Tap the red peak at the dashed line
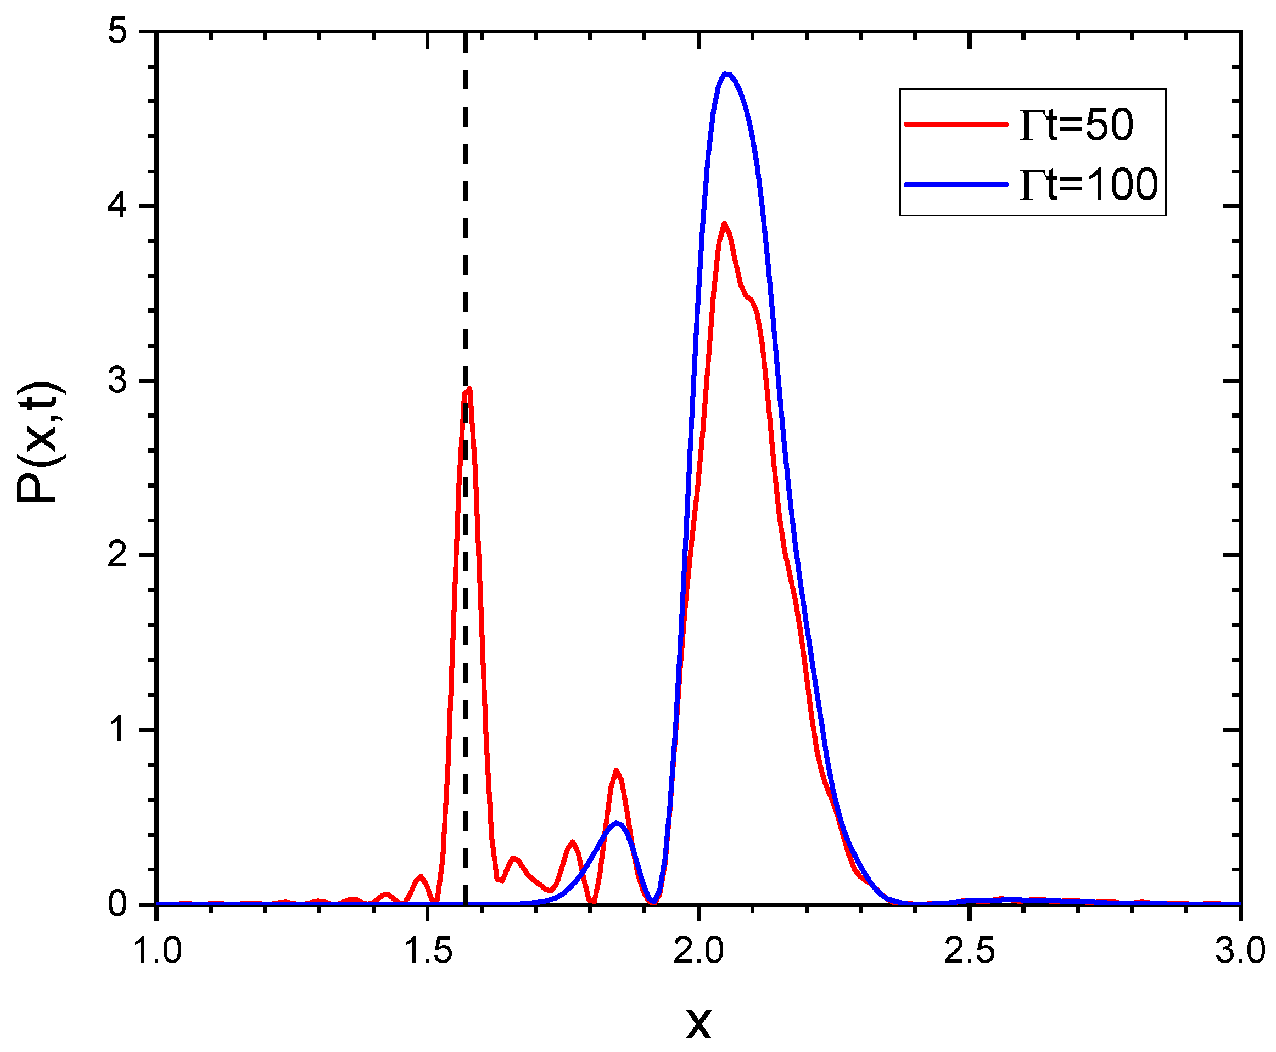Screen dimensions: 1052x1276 [468, 390]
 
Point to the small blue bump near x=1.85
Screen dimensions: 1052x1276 [616, 823]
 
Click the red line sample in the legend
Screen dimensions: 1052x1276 [955, 123]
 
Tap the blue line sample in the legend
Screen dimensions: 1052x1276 [955, 184]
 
